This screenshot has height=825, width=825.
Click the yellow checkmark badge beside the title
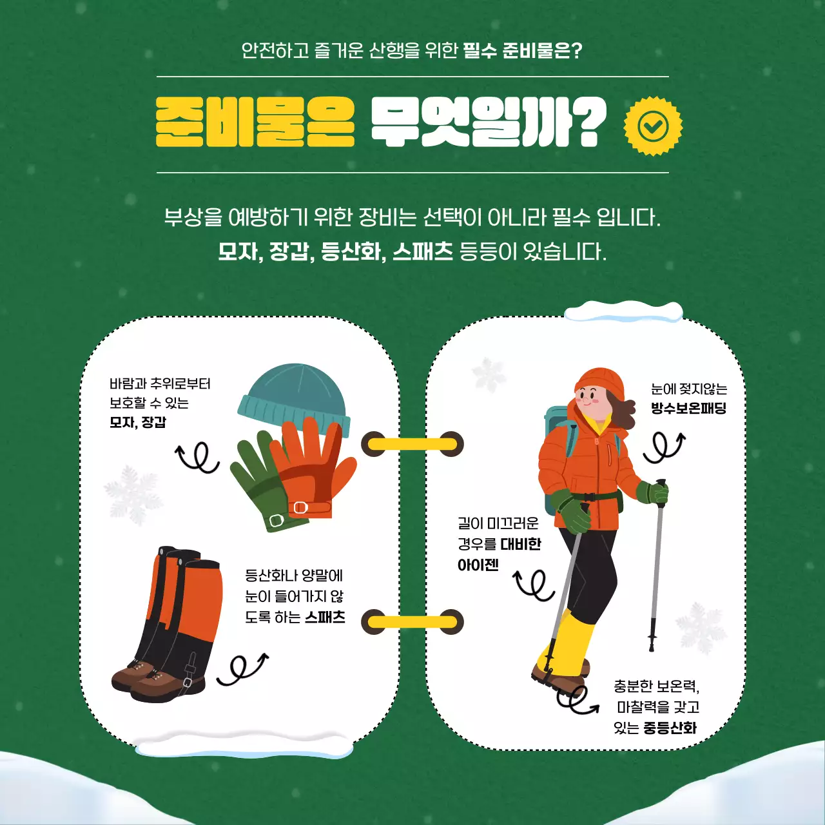tap(652, 126)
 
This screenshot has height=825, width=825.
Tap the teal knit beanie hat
tap(294, 394)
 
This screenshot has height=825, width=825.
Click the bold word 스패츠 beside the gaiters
tap(325, 617)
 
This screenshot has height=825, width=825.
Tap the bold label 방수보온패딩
tap(688, 408)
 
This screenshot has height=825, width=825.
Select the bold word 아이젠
tap(478, 565)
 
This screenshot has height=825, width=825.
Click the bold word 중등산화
tap(670, 728)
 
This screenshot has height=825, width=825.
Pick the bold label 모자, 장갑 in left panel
tap(137, 422)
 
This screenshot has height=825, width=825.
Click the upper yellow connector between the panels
tap(412, 444)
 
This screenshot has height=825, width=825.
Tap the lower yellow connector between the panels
tap(412, 622)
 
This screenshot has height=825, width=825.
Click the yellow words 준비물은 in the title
tap(255, 122)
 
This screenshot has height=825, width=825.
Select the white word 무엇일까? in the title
tap(487, 122)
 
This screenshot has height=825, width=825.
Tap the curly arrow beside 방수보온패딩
tap(664, 447)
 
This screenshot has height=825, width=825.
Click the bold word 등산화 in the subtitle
tap(351, 251)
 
